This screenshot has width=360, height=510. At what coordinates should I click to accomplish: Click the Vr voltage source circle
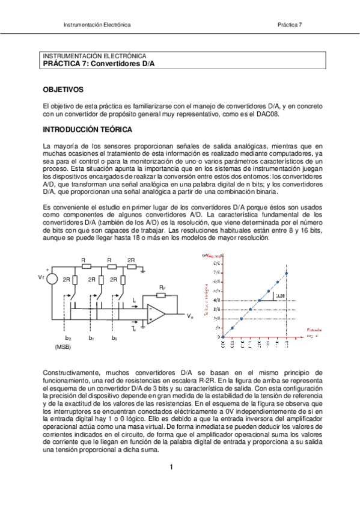point(52,278)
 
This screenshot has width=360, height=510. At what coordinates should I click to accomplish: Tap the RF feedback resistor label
point(162,288)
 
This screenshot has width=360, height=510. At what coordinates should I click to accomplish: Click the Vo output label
point(189,316)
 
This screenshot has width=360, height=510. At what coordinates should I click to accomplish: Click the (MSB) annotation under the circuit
point(63,347)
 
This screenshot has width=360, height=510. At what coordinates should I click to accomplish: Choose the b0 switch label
point(115,338)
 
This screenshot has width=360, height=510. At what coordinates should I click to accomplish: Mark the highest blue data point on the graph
point(287,273)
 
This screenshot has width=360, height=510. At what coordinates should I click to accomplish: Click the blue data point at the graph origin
point(223,337)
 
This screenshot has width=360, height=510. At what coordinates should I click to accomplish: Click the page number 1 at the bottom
point(171,467)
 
